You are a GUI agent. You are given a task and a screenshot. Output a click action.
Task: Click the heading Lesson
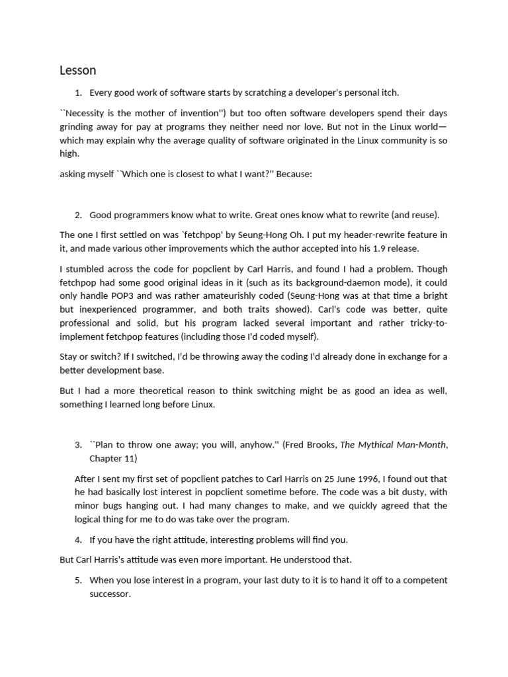pos(77,70)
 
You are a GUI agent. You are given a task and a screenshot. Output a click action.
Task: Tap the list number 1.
pos(78,93)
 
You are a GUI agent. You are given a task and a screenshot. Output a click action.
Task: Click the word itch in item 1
pos(389,93)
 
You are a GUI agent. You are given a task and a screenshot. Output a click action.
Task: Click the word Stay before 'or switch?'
pos(69,356)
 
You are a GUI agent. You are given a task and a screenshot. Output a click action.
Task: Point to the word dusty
pos(406,492)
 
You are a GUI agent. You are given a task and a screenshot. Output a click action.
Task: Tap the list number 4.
pos(78,539)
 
